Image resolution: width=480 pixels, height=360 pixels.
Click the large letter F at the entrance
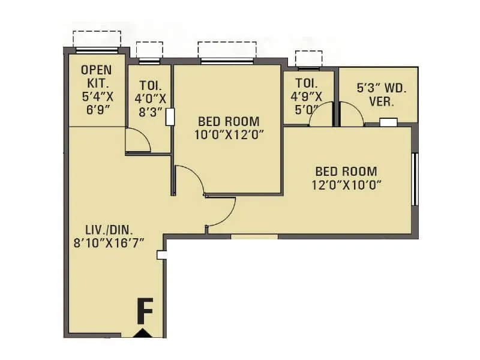tap(143, 312)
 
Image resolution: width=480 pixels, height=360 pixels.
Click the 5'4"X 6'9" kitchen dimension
tap(96, 103)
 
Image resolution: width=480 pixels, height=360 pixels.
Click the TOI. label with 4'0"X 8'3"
tap(149, 85)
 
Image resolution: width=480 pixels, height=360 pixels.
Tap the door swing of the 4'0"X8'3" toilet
tap(138, 139)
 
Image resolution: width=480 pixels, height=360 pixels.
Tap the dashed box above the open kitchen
tap(96, 38)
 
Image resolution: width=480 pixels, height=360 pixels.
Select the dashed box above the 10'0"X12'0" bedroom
tap(227, 49)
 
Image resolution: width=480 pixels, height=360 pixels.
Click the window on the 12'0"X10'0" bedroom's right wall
tap(414, 179)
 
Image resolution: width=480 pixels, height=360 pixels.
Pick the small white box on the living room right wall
tap(160, 255)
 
